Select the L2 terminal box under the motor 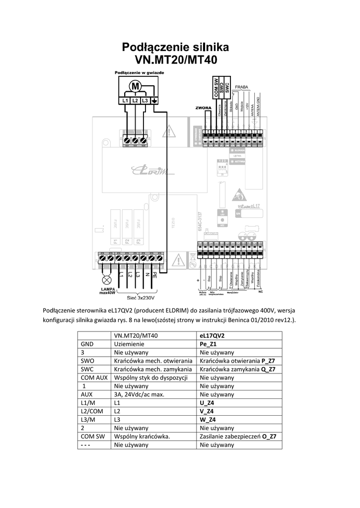tap(135, 101)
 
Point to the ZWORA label tap(198, 108)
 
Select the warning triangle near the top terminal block tap(170, 131)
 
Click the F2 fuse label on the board tap(127, 242)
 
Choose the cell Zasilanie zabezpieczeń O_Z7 tap(238, 437)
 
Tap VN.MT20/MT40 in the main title tap(176, 60)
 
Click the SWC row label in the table tap(87, 369)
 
